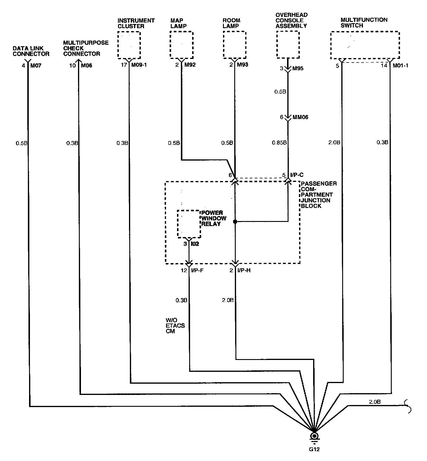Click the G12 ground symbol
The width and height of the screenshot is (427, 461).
pos(314,437)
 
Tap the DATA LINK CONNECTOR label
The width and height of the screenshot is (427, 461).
pos(31,51)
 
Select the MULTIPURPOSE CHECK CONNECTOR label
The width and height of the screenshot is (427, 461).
pos(86,48)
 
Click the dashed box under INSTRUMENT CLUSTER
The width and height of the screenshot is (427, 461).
pos(129,45)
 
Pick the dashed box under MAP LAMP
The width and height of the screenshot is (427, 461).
pos(181,45)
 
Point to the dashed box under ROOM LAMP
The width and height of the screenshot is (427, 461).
pos(234,45)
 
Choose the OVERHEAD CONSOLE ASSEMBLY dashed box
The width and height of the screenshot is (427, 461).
pos(288,44)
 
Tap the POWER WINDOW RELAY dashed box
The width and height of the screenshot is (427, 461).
pos(189,224)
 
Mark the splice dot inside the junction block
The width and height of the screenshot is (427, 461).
pos(235,221)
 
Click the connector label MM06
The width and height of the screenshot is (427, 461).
pos(300,117)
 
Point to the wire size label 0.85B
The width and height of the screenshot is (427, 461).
pos(279,143)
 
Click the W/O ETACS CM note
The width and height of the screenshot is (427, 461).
pos(175,326)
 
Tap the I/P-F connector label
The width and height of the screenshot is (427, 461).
pos(197,270)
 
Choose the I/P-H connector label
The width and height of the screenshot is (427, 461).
pos(244,270)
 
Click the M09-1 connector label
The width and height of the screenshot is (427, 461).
pos(139,65)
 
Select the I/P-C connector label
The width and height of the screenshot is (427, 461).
pos(297,175)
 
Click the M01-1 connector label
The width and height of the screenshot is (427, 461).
pos(400,65)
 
